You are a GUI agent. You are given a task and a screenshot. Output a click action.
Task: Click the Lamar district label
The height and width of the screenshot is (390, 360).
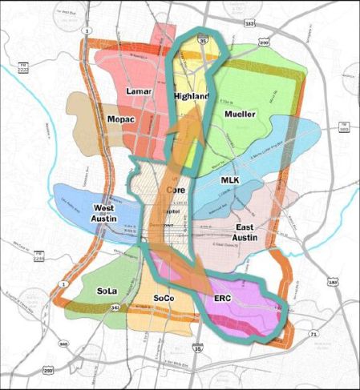tap(140, 92)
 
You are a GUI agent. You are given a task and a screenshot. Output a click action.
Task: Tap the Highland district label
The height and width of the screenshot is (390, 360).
tap(191, 97)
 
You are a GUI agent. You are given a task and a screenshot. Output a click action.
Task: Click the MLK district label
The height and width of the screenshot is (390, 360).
tap(230, 181)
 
